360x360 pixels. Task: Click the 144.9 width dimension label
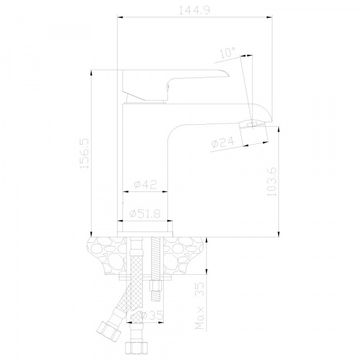pyautogui.click(x=194, y=10)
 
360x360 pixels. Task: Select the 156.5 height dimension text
pyautogui.click(x=84, y=154)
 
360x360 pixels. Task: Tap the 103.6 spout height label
pyautogui.click(x=272, y=182)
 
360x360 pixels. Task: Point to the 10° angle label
pyautogui.click(x=228, y=53)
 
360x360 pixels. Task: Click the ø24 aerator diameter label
pyautogui.click(x=223, y=142)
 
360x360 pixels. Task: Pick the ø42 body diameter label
pyautogui.click(x=145, y=184)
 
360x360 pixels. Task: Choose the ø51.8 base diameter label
pyautogui.click(x=145, y=214)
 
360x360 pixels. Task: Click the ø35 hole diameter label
pyautogui.click(x=151, y=316)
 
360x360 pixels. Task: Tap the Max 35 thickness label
pyautogui.click(x=200, y=305)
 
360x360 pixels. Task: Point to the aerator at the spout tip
pyautogui.click(x=254, y=134)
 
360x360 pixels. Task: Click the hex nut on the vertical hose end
pyautogui.click(x=136, y=348)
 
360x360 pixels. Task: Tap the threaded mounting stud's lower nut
pyautogui.click(x=155, y=286)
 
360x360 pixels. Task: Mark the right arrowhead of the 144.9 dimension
pyautogui.click(x=269, y=17)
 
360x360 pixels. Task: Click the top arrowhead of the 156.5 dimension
pyautogui.click(x=91, y=73)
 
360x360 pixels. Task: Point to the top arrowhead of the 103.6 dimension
pyautogui.click(x=279, y=130)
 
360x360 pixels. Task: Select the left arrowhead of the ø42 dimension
pyautogui.click(x=125, y=191)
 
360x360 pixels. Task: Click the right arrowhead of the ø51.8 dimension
pyautogui.click(x=169, y=221)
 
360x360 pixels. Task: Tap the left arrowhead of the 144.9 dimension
pyautogui.click(x=121, y=17)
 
